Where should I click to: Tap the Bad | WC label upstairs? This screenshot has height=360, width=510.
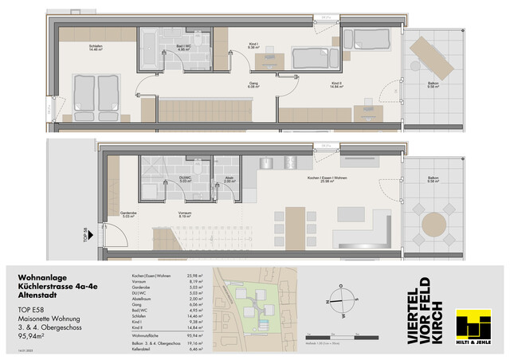[x=184, y=47]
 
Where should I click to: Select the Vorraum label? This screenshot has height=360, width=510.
[x=185, y=214]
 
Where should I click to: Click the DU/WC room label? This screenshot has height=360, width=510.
[x=184, y=182]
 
